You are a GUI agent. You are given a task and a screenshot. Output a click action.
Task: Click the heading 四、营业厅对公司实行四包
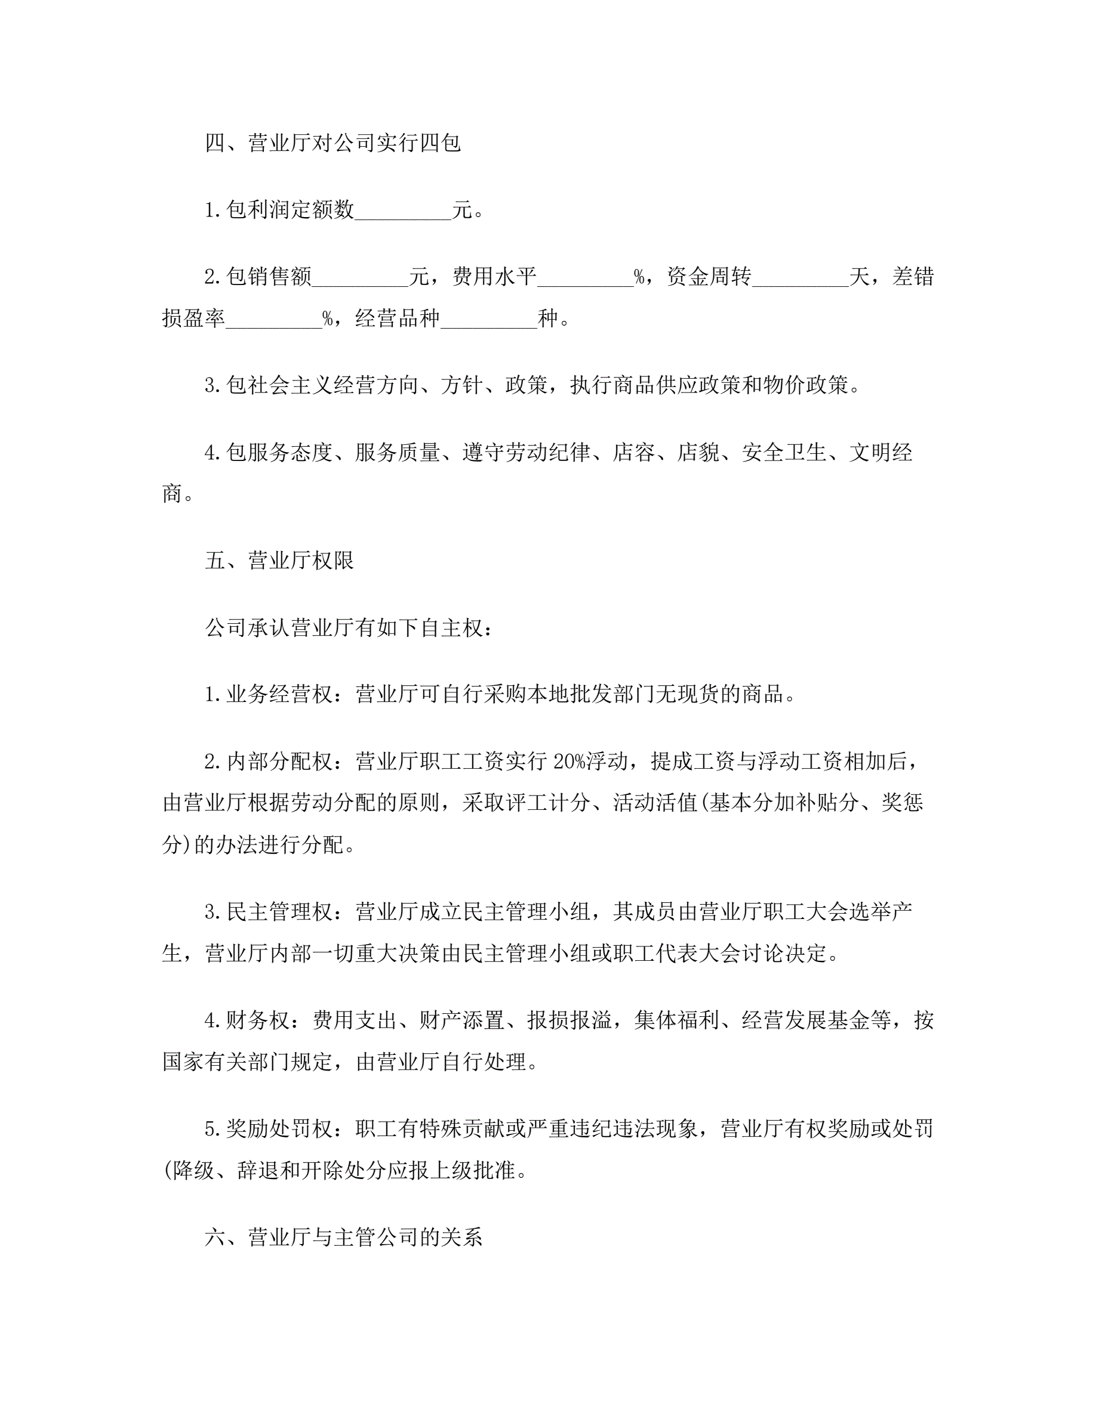(x=333, y=143)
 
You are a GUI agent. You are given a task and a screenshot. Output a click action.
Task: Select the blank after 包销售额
(x=360, y=278)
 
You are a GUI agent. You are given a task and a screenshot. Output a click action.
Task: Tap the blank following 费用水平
(x=585, y=278)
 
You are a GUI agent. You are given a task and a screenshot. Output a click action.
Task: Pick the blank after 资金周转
(x=800, y=278)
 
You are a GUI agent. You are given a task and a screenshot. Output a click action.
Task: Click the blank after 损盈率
(x=273, y=318)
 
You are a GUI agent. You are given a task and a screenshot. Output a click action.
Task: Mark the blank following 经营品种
(x=488, y=318)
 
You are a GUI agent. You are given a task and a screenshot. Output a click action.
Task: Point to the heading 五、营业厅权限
(x=279, y=561)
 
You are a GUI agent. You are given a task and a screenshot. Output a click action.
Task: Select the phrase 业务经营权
(x=279, y=695)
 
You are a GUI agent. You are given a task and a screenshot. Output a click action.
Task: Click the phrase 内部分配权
(x=279, y=762)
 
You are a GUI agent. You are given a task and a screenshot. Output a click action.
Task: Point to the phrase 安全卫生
(x=784, y=452)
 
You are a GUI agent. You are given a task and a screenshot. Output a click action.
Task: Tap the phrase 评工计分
(x=547, y=803)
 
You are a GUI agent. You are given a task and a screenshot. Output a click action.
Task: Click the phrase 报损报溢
(x=569, y=1020)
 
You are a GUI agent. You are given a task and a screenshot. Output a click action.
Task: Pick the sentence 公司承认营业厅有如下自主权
(x=343, y=628)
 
